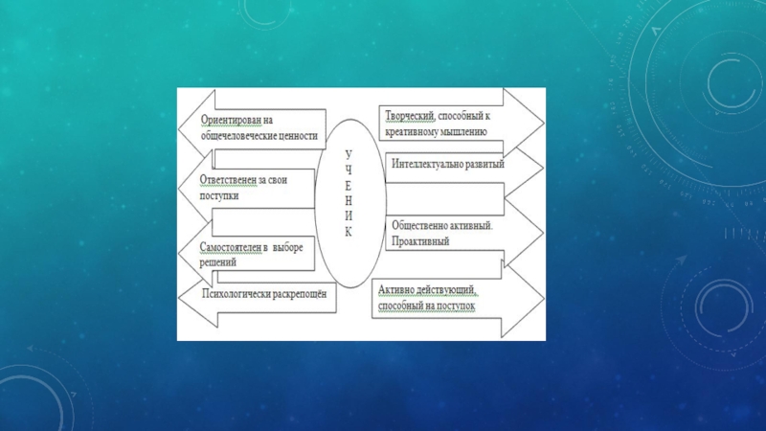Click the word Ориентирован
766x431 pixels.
point(231,121)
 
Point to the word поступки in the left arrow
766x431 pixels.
point(219,194)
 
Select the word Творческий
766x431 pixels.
point(410,115)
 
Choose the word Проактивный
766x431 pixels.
point(420,241)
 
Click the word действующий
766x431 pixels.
point(446,289)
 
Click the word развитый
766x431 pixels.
point(484,164)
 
